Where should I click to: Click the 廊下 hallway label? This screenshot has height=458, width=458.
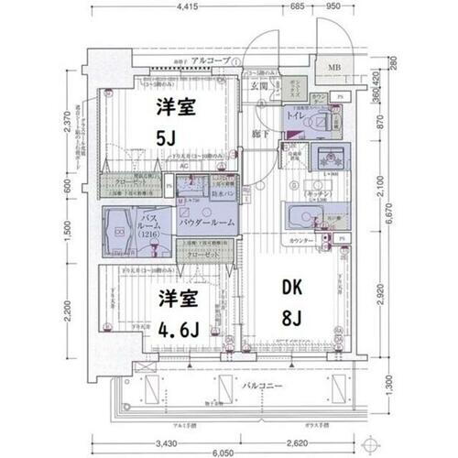[260, 136]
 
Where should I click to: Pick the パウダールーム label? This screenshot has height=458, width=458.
[203, 223]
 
